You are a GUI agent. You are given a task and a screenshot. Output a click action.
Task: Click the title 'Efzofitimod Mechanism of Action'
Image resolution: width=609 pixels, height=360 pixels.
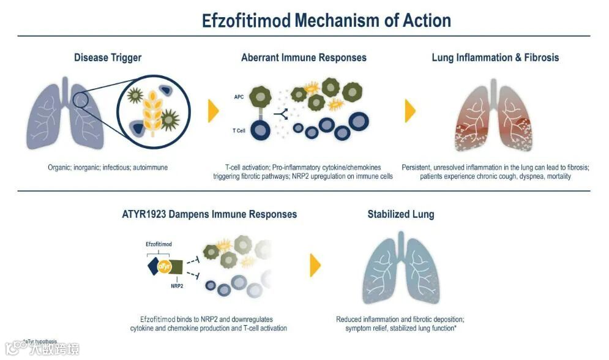[326, 20]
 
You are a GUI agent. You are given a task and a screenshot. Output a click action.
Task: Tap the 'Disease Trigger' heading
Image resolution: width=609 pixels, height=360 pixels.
[108, 58]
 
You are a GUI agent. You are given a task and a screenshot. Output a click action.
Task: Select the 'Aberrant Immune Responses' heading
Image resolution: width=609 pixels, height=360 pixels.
[304, 58]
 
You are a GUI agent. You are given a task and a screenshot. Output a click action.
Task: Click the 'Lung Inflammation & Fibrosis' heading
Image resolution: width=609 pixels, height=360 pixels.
[495, 58]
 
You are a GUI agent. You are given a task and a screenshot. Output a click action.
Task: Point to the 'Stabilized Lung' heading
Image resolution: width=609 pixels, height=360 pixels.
[401, 214]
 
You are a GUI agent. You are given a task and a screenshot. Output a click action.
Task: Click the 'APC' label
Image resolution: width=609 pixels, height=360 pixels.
[239, 97]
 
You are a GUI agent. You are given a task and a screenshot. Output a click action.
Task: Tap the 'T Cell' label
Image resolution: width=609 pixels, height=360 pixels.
[239, 130]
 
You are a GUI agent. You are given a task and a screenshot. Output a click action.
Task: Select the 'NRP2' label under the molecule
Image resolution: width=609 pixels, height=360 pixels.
[178, 285]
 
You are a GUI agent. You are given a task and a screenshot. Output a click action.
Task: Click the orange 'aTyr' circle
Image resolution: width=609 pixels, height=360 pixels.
[165, 266]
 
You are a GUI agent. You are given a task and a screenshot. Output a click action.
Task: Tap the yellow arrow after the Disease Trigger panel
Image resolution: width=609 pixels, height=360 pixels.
[214, 110]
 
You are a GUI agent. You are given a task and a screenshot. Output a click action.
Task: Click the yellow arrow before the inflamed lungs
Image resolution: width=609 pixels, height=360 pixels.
[410, 110]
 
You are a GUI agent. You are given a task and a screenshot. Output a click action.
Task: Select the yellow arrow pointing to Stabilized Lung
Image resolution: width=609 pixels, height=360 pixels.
[315, 265]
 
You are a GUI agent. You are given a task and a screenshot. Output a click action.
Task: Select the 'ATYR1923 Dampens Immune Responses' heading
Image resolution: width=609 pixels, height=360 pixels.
[209, 214]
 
